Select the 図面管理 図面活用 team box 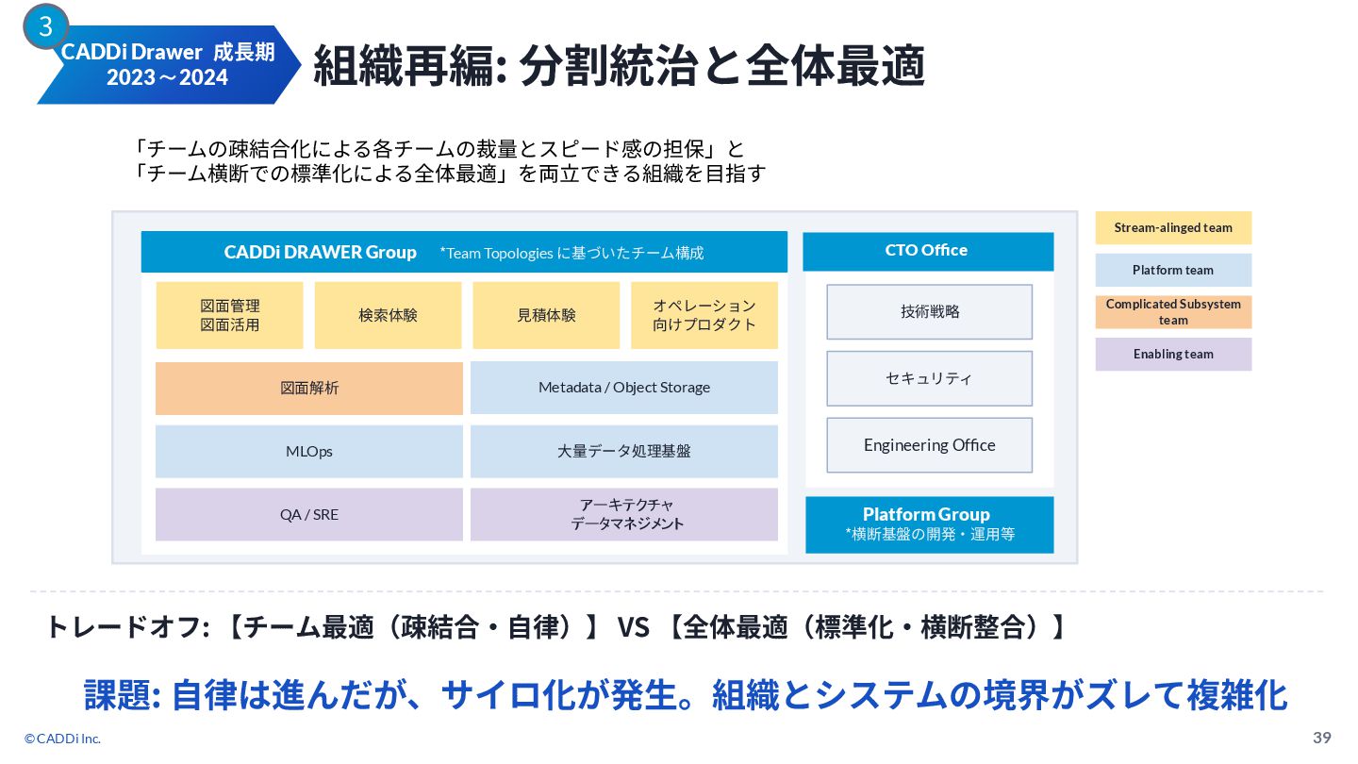click(230, 315)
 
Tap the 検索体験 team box click(388, 315)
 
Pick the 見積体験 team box click(546, 315)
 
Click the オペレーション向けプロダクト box click(704, 315)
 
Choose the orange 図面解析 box click(309, 388)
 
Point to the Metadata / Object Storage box click(624, 388)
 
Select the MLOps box click(309, 451)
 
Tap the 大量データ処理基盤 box click(624, 451)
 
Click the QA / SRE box click(309, 514)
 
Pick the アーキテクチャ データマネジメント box click(624, 514)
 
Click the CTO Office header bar click(928, 251)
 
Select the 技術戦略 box click(930, 311)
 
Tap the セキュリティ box click(930, 378)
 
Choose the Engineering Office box click(930, 445)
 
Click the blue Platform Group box click(930, 523)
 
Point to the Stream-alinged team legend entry click(1173, 227)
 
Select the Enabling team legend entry click(1173, 354)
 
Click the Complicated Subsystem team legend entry click(1173, 312)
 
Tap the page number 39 click(1322, 737)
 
